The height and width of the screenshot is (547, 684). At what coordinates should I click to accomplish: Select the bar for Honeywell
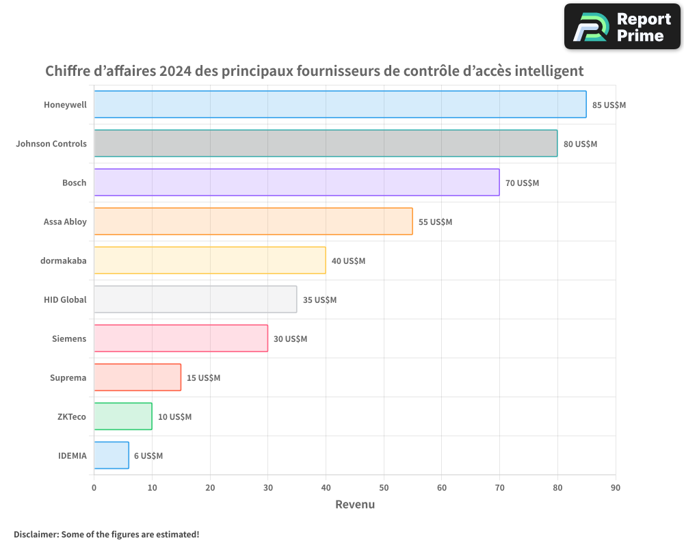[x=340, y=105]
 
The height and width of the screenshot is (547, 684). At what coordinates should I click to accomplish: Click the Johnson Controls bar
[x=326, y=144]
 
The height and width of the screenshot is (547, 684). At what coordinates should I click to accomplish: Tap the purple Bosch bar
[x=296, y=183]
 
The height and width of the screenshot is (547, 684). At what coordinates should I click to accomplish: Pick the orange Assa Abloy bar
[x=253, y=222]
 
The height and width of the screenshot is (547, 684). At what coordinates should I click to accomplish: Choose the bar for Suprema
[x=137, y=377]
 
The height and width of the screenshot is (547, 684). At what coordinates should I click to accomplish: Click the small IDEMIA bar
[x=111, y=455]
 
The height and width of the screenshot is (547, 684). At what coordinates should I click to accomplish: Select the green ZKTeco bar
[x=123, y=416]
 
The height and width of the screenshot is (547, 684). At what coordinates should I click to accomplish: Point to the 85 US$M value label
[x=609, y=105]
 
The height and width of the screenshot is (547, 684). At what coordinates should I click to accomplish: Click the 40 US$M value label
[x=348, y=261]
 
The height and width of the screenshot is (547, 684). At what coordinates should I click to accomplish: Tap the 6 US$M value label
[x=148, y=456]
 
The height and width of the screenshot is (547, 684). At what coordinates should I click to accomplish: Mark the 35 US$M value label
[x=319, y=300]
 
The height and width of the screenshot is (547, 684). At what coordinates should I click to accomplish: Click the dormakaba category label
[x=64, y=261]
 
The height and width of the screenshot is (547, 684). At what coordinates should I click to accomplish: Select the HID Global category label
[x=65, y=299]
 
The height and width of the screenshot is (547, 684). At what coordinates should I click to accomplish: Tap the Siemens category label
[x=69, y=338]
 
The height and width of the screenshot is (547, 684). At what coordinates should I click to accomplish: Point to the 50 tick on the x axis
[x=384, y=488]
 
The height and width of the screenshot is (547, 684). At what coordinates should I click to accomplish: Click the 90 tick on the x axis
[x=616, y=488]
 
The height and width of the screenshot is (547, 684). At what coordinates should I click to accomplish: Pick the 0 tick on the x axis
[x=94, y=488]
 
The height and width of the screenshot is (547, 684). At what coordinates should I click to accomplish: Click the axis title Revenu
[x=354, y=505]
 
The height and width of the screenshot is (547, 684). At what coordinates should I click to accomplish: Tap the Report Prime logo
[x=622, y=27]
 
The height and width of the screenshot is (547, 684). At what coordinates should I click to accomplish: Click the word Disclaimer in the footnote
[x=35, y=534]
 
